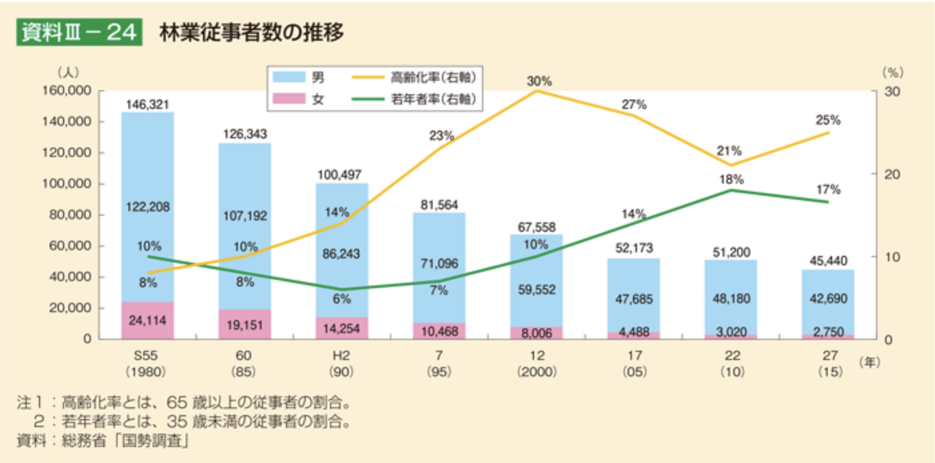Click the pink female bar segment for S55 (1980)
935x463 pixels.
click(x=147, y=320)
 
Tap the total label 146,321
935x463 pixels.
click(x=147, y=105)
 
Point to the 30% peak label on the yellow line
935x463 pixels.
click(x=539, y=81)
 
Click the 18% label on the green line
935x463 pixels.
click(x=731, y=179)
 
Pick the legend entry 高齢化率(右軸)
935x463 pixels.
click(x=433, y=77)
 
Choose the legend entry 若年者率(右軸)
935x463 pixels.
click(x=433, y=99)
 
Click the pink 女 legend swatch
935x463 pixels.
click(x=289, y=99)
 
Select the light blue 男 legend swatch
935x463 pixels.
click(x=289, y=77)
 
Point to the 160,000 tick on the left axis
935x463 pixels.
click(x=67, y=90)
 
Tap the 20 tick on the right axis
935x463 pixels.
click(x=892, y=174)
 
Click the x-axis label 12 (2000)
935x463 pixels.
click(x=537, y=363)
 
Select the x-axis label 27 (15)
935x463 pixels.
click(x=830, y=363)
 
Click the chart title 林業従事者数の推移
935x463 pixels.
click(x=251, y=32)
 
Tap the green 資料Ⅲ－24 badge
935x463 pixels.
click(x=79, y=32)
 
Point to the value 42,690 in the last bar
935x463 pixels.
click(x=828, y=298)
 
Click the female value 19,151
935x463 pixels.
click(x=245, y=325)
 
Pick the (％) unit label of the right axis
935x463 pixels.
click(x=893, y=72)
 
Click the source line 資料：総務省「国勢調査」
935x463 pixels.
click(x=103, y=441)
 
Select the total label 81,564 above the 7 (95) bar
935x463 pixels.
click(x=439, y=205)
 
